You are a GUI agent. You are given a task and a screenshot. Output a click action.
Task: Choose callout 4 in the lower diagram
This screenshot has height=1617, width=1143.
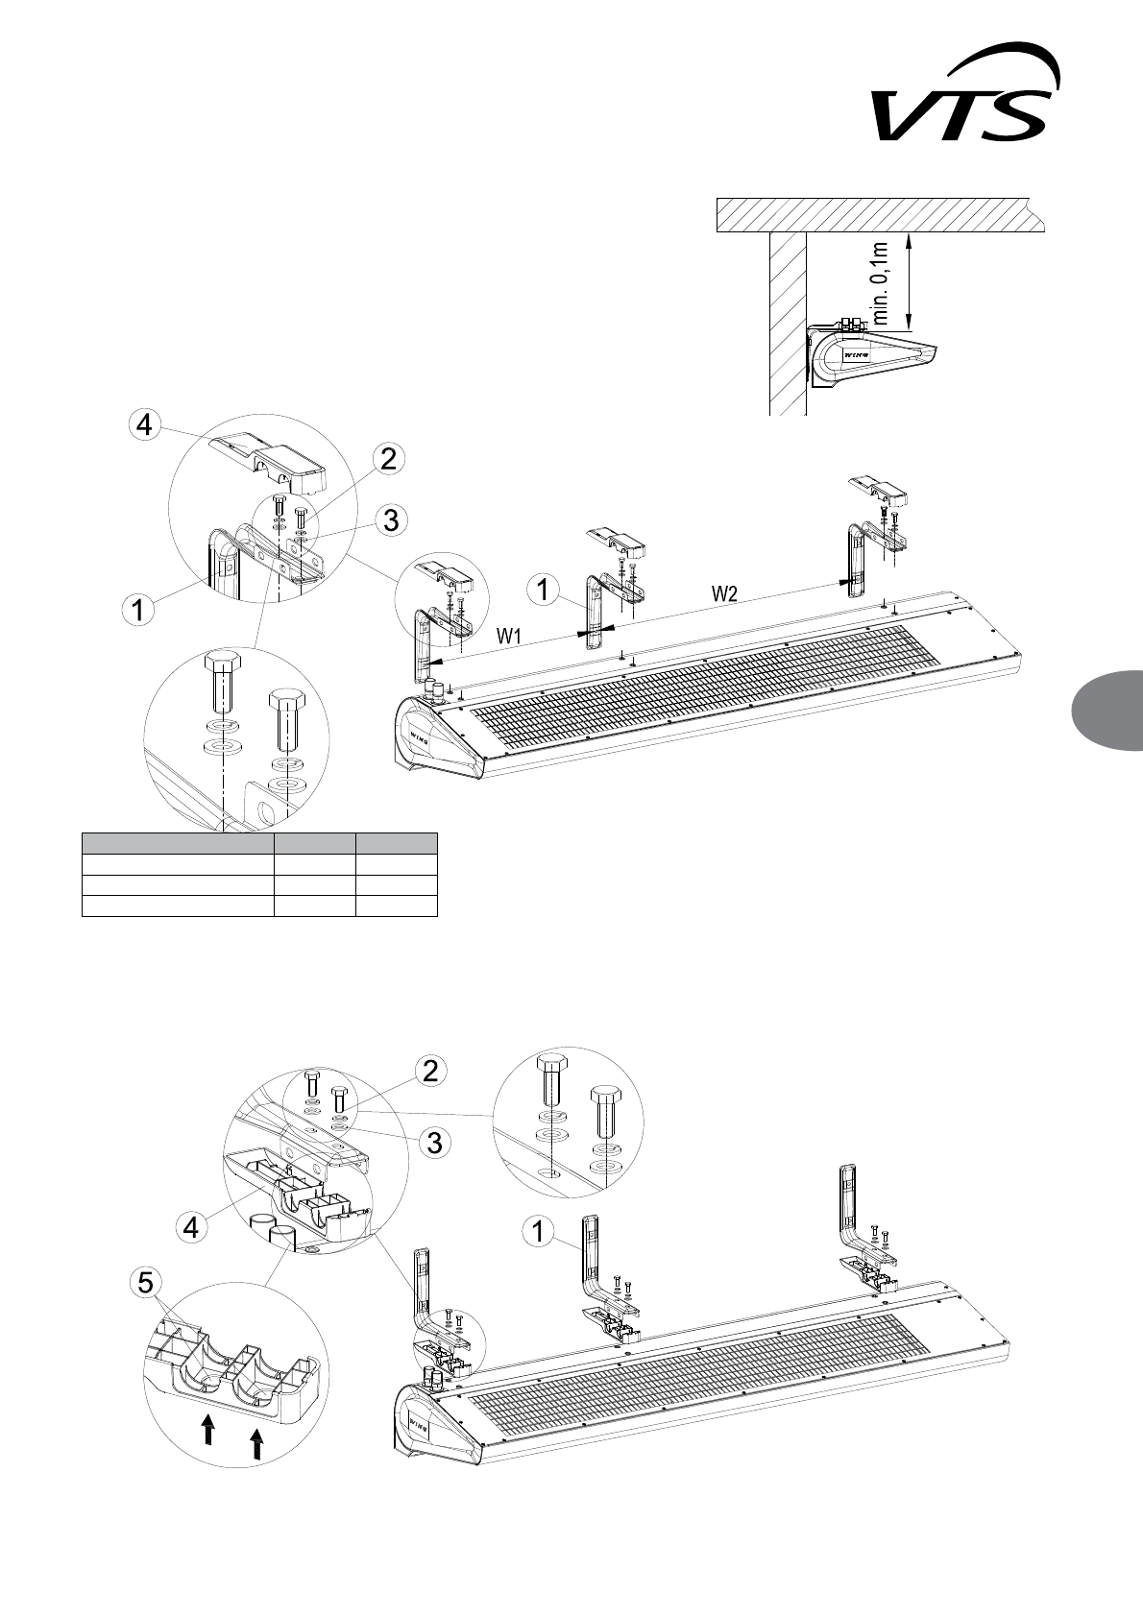pyautogui.click(x=193, y=1226)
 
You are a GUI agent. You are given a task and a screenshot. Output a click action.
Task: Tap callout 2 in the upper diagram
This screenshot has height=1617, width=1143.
pyautogui.click(x=387, y=459)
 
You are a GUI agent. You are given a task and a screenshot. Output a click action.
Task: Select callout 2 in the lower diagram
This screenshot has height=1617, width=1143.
pyautogui.click(x=429, y=1071)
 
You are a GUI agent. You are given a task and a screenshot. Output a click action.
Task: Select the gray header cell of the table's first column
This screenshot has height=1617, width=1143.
pyautogui.click(x=178, y=843)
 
